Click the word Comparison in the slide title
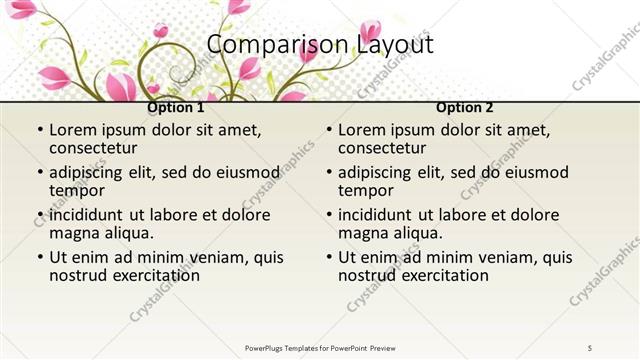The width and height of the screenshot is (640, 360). tap(265, 45)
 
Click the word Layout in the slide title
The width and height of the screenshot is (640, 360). tap(395, 45)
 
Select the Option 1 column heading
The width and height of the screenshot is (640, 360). tap(176, 107)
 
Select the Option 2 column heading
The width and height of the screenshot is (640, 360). tap(465, 107)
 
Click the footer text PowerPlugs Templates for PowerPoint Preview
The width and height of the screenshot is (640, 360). tap(320, 347)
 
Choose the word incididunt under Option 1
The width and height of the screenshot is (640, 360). tap(86, 215)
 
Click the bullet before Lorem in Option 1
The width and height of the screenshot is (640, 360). tap(40, 130)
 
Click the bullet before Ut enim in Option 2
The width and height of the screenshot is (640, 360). tap(329, 257)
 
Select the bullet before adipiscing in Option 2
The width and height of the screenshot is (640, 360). tap(329, 172)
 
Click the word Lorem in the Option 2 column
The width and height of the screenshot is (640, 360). tap(361, 130)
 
